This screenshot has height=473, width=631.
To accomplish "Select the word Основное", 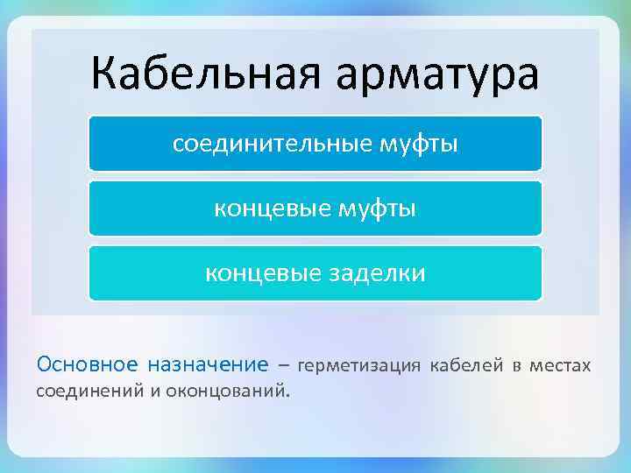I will [87, 364].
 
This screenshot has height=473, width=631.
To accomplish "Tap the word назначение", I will [208, 364].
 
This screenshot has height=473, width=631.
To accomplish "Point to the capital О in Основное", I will [44, 364].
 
